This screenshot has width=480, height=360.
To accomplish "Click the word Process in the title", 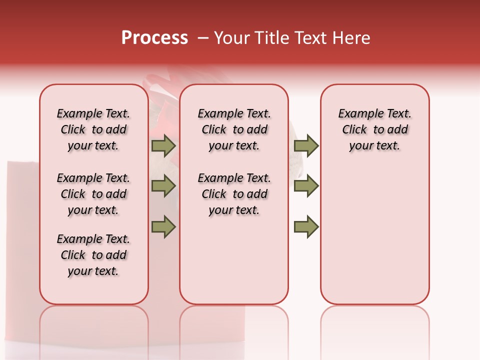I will tap(154, 38).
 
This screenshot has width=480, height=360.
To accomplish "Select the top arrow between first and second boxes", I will tap(163, 146).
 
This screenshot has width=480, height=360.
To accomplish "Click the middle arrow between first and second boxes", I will tap(163, 186).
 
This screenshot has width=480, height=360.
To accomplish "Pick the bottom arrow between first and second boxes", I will tap(163, 226).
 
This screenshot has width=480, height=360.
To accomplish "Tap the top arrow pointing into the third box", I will tap(306, 146).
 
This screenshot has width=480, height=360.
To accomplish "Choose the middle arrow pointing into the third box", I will tap(306, 186).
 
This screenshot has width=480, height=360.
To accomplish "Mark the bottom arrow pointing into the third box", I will tap(306, 226).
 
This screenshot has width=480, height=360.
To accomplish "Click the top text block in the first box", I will tap(93, 129).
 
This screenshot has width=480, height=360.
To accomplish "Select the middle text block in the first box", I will tap(93, 194).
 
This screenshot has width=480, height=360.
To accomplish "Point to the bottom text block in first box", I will tap(93, 255).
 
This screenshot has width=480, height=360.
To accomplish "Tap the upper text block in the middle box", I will tap(234, 129).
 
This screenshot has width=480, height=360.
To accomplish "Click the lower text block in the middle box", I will tap(234, 194).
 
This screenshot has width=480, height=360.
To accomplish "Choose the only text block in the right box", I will tap(374, 129).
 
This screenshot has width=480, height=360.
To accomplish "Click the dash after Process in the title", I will tap(203, 38).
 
